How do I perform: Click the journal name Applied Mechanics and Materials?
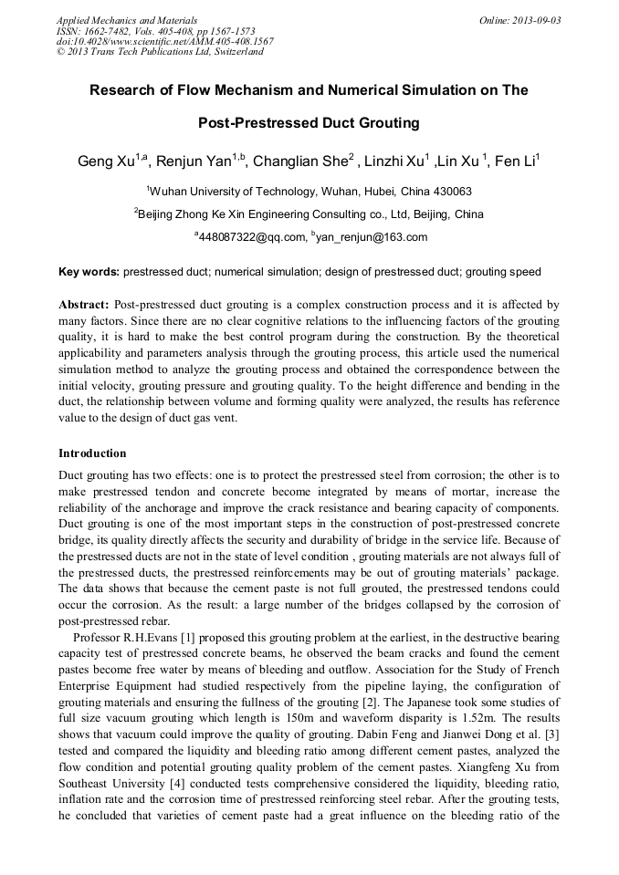pyautogui.click(x=127, y=20)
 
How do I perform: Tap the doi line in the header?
pyautogui.click(x=164, y=41)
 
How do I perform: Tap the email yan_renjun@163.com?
pyautogui.click(x=372, y=237)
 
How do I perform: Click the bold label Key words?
pyautogui.click(x=89, y=272)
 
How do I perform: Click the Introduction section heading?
pyautogui.click(x=92, y=453)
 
